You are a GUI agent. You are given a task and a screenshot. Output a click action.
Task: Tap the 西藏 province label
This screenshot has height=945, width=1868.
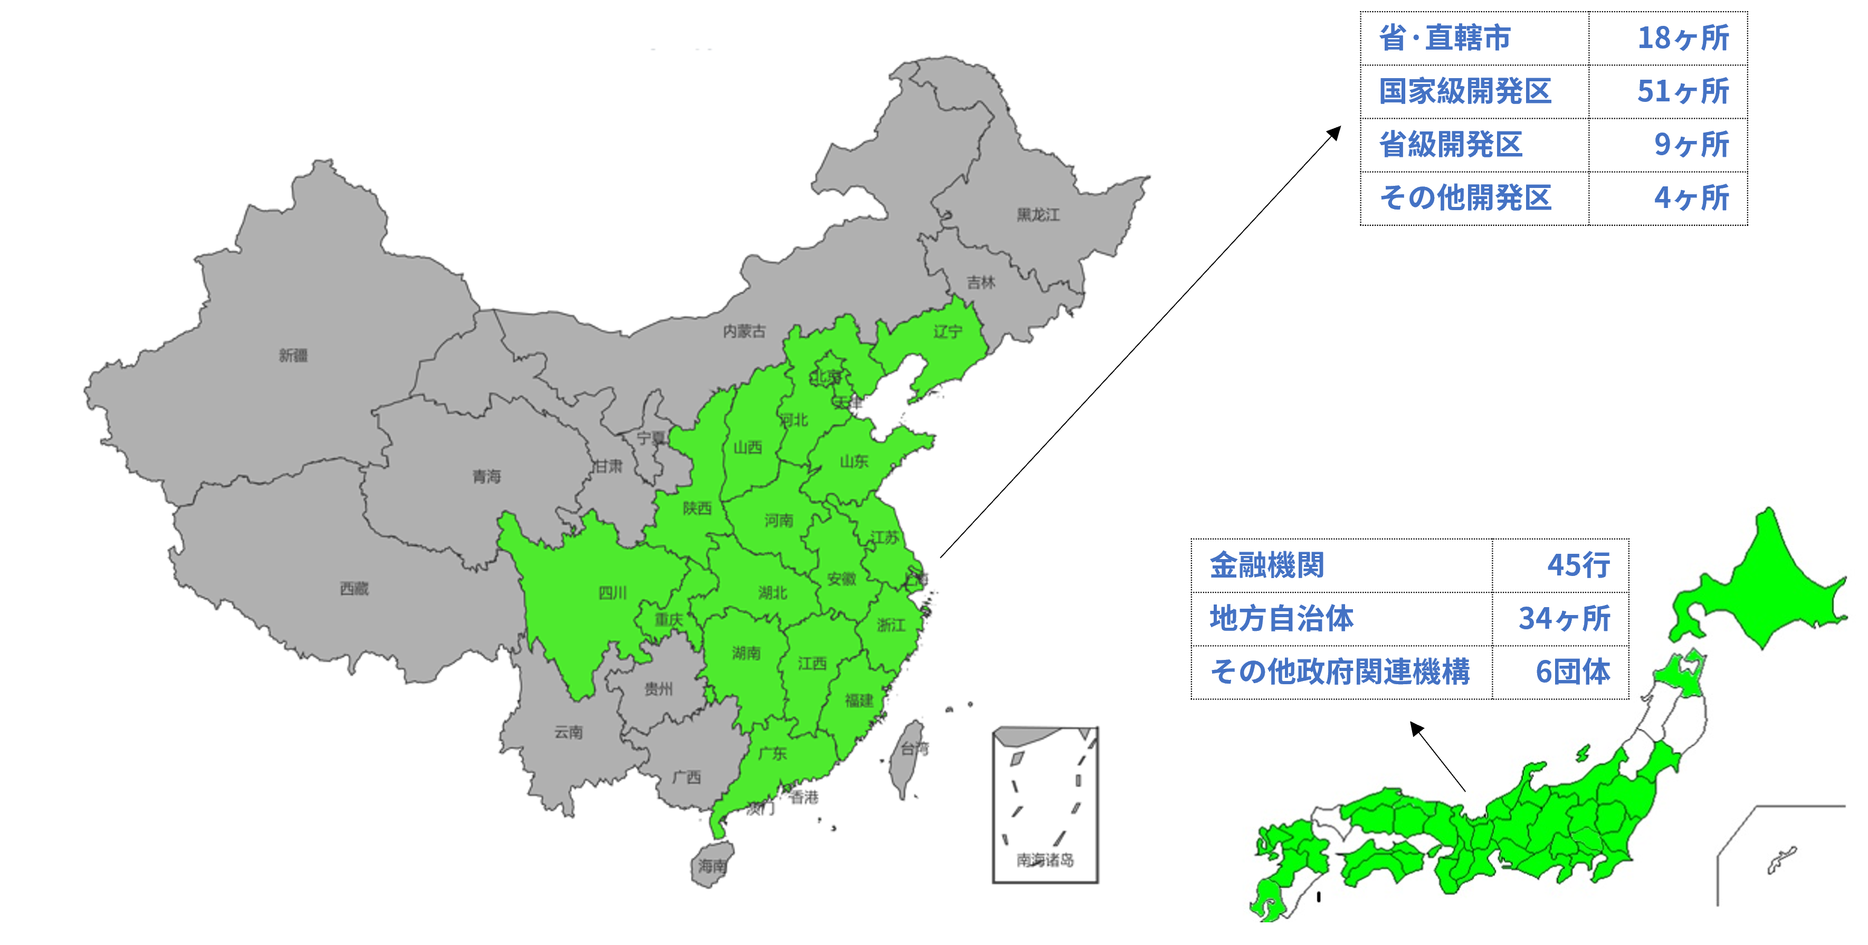pos(354,588)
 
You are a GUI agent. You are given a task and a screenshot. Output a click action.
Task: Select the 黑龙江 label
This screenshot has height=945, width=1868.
pos(1038,215)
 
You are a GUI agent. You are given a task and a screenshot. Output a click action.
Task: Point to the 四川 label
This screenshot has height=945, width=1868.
pos(612,593)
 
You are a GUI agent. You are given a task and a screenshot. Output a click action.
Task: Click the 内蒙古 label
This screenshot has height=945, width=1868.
pos(744,332)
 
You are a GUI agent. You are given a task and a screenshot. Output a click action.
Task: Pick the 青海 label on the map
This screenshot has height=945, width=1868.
pos(486,477)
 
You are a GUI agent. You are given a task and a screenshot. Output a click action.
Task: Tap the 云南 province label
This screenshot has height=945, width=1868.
pos(568,732)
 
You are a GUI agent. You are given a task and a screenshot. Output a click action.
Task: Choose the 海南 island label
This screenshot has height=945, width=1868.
pos(711,866)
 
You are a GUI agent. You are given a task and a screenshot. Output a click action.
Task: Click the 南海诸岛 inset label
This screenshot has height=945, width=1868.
pos(1045,860)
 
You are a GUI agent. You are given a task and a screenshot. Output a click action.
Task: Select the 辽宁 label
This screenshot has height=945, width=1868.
pos(947,332)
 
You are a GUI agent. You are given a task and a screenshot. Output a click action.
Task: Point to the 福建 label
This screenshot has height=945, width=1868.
pos(859,701)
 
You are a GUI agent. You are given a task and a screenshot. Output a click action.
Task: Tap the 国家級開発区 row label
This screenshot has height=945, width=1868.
pos(1465,92)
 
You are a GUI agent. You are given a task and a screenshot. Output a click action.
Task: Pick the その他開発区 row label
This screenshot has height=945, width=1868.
pos(1465,198)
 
